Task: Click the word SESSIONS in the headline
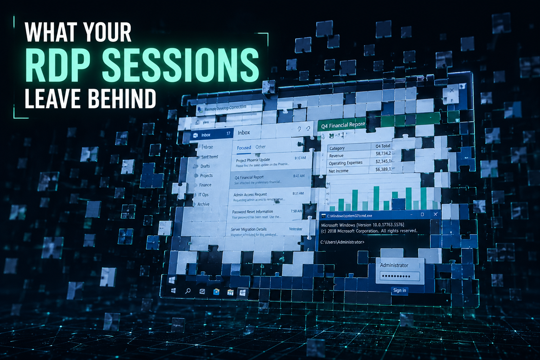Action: [x=180, y=65]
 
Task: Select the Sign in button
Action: [x=399, y=290]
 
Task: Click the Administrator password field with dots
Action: [x=398, y=276]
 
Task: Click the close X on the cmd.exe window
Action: [x=435, y=214]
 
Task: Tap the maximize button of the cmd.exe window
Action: [x=422, y=214]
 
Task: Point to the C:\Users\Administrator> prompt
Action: [x=342, y=242]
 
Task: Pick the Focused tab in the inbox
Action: [x=244, y=148]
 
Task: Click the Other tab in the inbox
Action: [x=260, y=147]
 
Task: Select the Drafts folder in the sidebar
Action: [x=205, y=166]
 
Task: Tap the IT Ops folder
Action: [x=203, y=195]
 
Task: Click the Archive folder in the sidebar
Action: [x=203, y=204]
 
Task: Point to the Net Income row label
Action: [x=338, y=171]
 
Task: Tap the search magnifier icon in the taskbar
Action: [x=188, y=291]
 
